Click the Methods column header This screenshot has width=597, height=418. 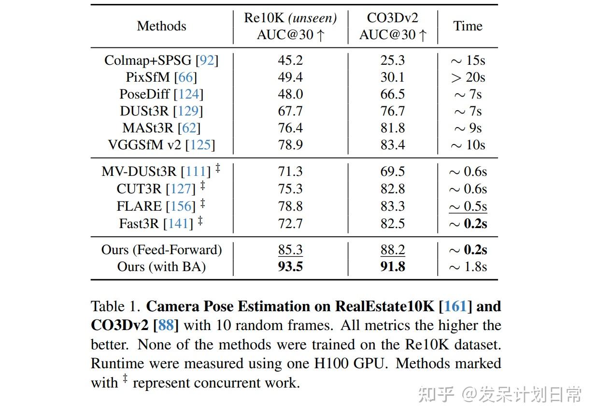[161, 26]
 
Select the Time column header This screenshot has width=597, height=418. [468, 26]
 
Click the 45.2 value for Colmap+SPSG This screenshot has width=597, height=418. [290, 60]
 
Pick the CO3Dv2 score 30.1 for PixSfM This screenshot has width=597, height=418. [392, 77]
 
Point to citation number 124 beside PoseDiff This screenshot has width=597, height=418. [189, 94]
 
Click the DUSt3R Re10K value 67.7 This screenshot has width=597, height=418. [290, 111]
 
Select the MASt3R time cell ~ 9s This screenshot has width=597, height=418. [468, 128]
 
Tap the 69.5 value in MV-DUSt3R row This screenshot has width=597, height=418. [392, 172]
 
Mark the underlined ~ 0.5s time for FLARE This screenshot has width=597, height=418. [468, 206]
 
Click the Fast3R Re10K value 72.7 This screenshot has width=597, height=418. [290, 223]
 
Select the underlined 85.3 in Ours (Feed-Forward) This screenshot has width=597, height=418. [290, 250]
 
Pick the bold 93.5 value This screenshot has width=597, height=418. [290, 267]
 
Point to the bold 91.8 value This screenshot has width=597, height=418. [392, 267]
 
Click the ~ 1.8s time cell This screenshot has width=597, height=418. [468, 267]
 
